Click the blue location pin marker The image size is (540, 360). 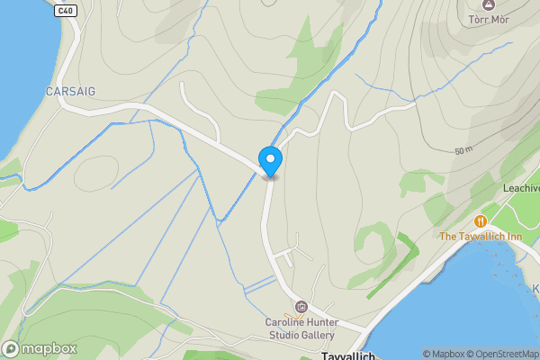coord(270,161)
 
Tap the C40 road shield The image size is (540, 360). coord(64,10)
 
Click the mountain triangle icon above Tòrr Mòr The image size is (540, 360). coord(489,4)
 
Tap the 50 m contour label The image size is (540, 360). coord(464,150)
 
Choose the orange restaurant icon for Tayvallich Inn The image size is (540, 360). coord(481,220)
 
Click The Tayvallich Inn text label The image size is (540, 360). coord(481,237)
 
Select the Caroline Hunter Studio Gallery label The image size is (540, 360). coord(299,328)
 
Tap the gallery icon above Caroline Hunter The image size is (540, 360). coord(301,307)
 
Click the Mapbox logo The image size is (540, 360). coord(40,348)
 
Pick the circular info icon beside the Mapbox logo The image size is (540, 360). coord(11,348)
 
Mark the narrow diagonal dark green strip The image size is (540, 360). coord(392,265)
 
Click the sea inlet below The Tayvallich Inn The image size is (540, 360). coord(450,306)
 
